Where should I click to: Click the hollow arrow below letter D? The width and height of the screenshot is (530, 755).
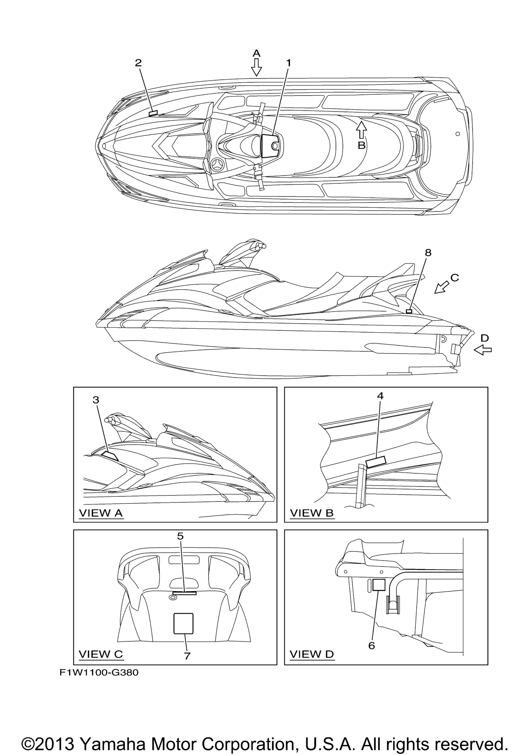pyautogui.click(x=483, y=351)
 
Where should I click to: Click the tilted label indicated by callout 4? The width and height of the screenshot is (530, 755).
pyautogui.click(x=376, y=462)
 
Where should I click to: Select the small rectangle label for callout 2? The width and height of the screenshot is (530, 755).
pyautogui.click(x=153, y=113)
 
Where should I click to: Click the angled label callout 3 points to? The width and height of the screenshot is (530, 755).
pyautogui.click(x=110, y=456)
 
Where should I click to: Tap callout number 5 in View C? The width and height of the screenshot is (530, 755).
pyautogui.click(x=180, y=536)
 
